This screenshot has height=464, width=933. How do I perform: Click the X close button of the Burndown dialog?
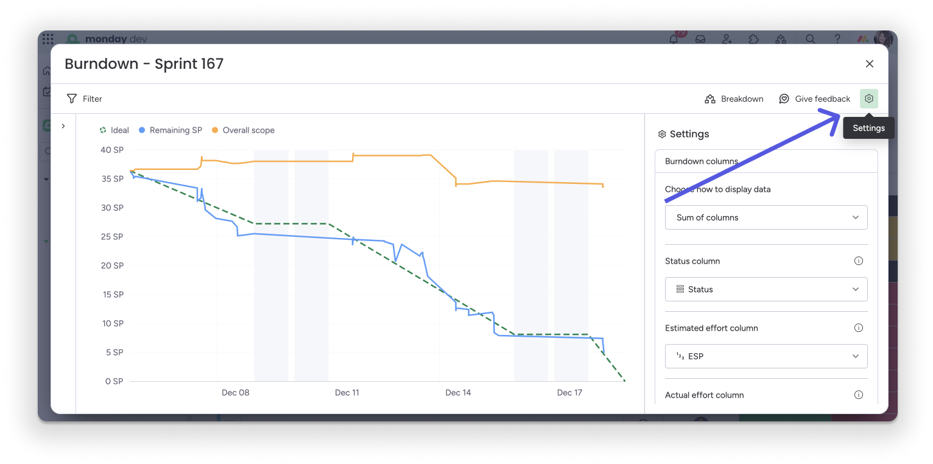click(x=869, y=64)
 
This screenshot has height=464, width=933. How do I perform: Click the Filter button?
click(x=85, y=99)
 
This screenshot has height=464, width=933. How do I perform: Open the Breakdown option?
click(x=734, y=99)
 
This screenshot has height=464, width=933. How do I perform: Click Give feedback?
click(x=814, y=99)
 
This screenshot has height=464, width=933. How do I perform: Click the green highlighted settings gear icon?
click(x=869, y=99)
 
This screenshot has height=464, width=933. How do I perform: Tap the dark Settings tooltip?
click(x=868, y=128)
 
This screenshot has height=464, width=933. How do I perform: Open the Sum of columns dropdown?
click(x=766, y=217)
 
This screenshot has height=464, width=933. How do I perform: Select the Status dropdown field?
click(x=766, y=289)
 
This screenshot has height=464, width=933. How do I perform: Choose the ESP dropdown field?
click(x=766, y=356)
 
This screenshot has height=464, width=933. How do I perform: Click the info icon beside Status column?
click(x=859, y=261)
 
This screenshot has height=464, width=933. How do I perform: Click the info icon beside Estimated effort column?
click(x=859, y=328)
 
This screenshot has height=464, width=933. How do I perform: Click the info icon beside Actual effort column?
click(x=859, y=395)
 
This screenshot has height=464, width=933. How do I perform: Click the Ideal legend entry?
click(x=114, y=130)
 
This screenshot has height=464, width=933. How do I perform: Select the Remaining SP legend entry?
click(x=171, y=130)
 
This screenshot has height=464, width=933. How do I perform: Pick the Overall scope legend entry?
click(x=243, y=130)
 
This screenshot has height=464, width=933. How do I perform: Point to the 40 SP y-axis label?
click(x=111, y=150)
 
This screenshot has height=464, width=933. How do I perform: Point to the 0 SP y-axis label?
click(x=114, y=381)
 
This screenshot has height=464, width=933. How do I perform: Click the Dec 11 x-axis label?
click(x=347, y=393)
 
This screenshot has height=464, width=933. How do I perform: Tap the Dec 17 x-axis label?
click(x=569, y=393)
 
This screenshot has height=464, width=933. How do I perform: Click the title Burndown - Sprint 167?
click(x=144, y=64)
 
